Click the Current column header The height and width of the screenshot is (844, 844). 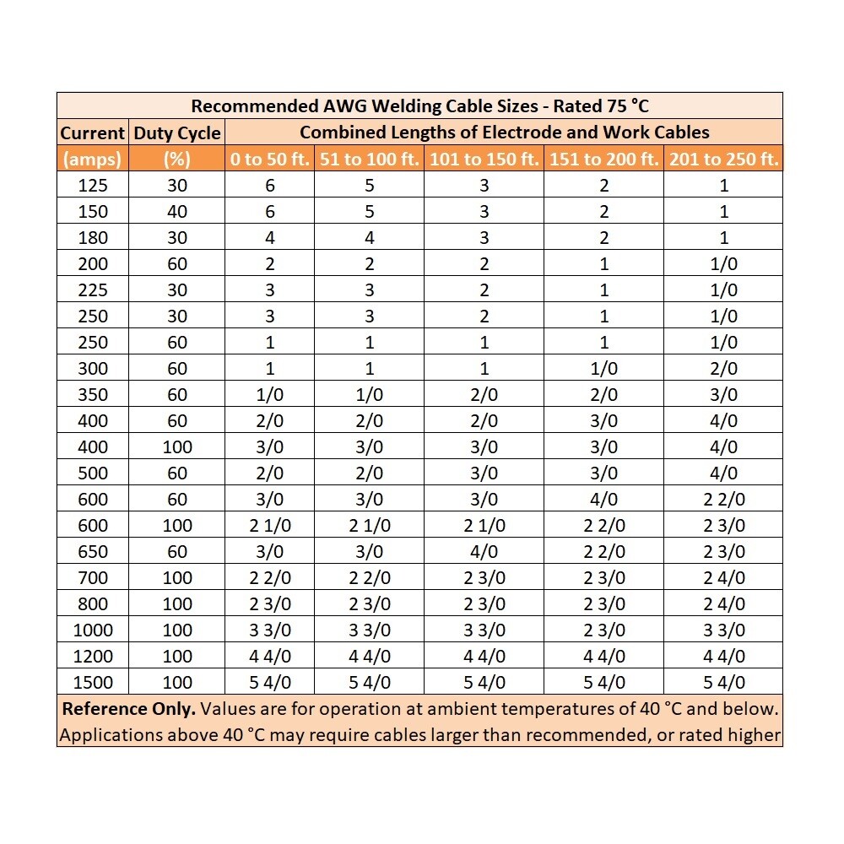point(92,133)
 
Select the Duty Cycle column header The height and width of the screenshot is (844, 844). point(177,133)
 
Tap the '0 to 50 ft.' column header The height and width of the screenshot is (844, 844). point(270,159)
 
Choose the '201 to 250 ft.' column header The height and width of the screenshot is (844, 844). point(723,159)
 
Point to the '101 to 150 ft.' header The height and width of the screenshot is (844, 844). point(484,159)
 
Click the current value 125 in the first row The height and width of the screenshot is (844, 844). point(92,186)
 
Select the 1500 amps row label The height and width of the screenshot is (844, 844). point(92,682)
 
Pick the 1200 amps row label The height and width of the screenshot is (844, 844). point(92,656)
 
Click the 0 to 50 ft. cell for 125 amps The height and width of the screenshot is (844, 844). point(270,186)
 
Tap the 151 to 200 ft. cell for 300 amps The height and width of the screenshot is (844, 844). point(603,368)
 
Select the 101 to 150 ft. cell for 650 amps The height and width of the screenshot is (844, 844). point(484,552)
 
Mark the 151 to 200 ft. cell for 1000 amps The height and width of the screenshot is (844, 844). point(603,630)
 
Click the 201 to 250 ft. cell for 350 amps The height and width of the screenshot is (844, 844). point(723,394)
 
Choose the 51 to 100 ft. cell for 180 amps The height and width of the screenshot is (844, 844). point(370,238)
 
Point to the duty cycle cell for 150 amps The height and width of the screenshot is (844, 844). point(177,212)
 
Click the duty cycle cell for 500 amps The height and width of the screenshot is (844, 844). point(177,473)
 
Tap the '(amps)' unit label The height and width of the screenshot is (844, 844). point(92,159)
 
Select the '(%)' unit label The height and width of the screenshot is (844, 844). point(177,159)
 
